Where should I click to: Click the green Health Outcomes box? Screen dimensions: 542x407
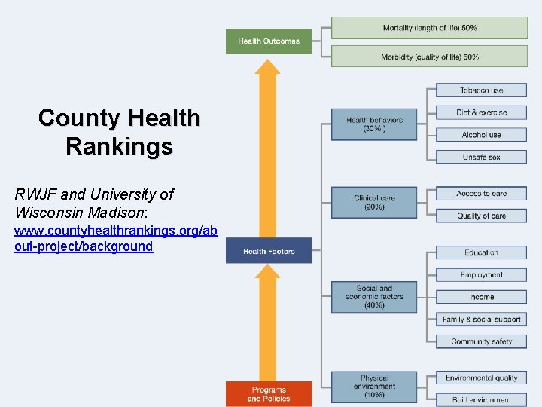pos(269,41)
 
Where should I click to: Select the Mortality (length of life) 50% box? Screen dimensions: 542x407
pos(429,28)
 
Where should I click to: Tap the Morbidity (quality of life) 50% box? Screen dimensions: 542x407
pos(429,57)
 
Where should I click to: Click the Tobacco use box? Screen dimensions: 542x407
pos(481,90)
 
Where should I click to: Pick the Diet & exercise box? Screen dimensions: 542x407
pos(481,112)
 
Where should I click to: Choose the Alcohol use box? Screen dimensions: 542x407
pos(481,135)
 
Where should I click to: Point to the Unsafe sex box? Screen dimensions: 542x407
pos(481,157)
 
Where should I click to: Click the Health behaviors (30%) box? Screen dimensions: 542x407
pos(374,124)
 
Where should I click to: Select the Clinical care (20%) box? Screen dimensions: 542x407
pos(374,202)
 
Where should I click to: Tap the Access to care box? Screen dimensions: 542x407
pos(481,194)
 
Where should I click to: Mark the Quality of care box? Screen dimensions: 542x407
pos(481,216)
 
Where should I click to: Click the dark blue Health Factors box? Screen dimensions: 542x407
pos(269,251)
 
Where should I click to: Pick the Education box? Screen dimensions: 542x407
pos(481,252)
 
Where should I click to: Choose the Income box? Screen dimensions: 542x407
pos(481,297)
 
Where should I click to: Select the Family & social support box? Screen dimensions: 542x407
pos(481,320)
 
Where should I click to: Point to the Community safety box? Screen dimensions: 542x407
pos(481,341)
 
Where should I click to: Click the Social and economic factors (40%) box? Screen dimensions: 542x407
pos(374,296)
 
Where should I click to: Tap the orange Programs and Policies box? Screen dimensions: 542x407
pos(269,394)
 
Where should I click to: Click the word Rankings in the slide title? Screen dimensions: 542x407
pos(119,145)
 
